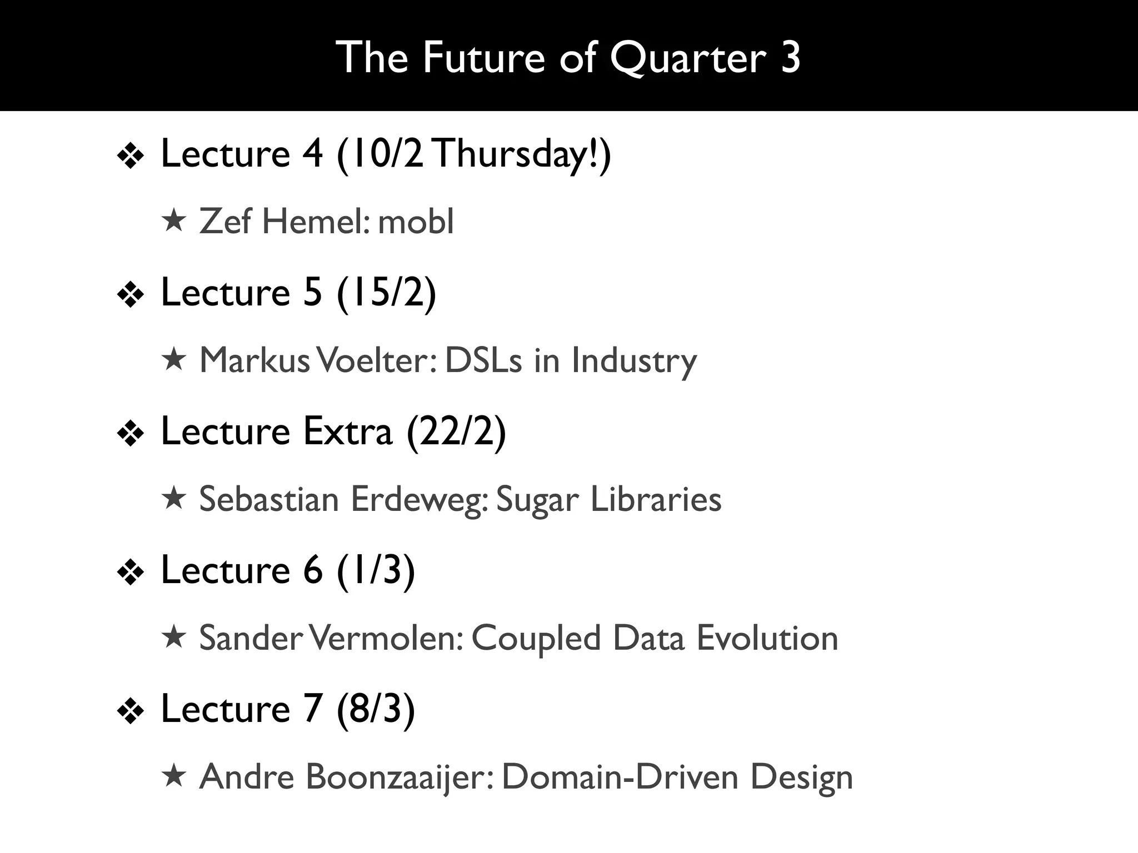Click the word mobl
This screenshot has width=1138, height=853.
point(416,222)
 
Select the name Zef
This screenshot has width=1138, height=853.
point(225,222)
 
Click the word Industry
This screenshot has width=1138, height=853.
point(634,360)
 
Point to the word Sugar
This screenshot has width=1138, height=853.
point(537,499)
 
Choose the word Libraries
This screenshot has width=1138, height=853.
point(656,499)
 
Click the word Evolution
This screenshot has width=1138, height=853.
point(767,638)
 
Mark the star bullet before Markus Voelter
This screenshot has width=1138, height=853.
point(173,359)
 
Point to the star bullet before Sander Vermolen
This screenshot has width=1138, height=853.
point(173,637)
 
